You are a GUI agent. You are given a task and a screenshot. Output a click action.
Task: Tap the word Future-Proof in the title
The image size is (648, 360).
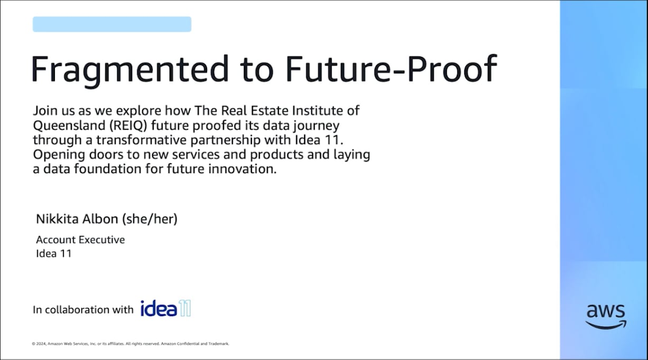point(391,69)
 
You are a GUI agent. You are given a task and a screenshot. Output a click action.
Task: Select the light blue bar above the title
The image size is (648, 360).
point(112,24)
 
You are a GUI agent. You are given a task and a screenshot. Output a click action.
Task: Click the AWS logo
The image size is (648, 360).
point(606,317)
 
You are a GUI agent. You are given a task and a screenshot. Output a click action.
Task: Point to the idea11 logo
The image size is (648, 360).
point(166,308)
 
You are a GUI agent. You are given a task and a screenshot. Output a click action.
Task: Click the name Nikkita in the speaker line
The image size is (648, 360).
point(57,219)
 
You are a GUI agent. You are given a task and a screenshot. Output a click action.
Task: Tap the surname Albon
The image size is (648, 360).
point(100,219)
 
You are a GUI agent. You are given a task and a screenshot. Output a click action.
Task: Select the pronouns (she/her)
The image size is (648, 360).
point(149,219)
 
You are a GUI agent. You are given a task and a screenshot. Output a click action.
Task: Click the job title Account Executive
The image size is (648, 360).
point(80,240)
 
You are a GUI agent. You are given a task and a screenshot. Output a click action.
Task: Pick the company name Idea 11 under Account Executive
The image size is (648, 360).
point(54,253)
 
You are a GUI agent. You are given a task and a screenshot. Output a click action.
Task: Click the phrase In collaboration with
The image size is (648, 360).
point(83,310)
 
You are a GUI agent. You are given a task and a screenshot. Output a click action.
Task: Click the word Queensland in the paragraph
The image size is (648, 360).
point(69,126)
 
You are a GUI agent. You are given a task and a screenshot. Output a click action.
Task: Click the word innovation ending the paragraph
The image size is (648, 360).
point(242,169)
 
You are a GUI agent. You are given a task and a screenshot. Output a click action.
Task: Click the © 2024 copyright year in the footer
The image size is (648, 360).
point(39,344)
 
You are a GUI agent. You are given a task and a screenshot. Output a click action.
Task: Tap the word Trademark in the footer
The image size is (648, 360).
point(219,344)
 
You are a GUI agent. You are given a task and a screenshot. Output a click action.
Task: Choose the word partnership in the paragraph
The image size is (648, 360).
point(226,140)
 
